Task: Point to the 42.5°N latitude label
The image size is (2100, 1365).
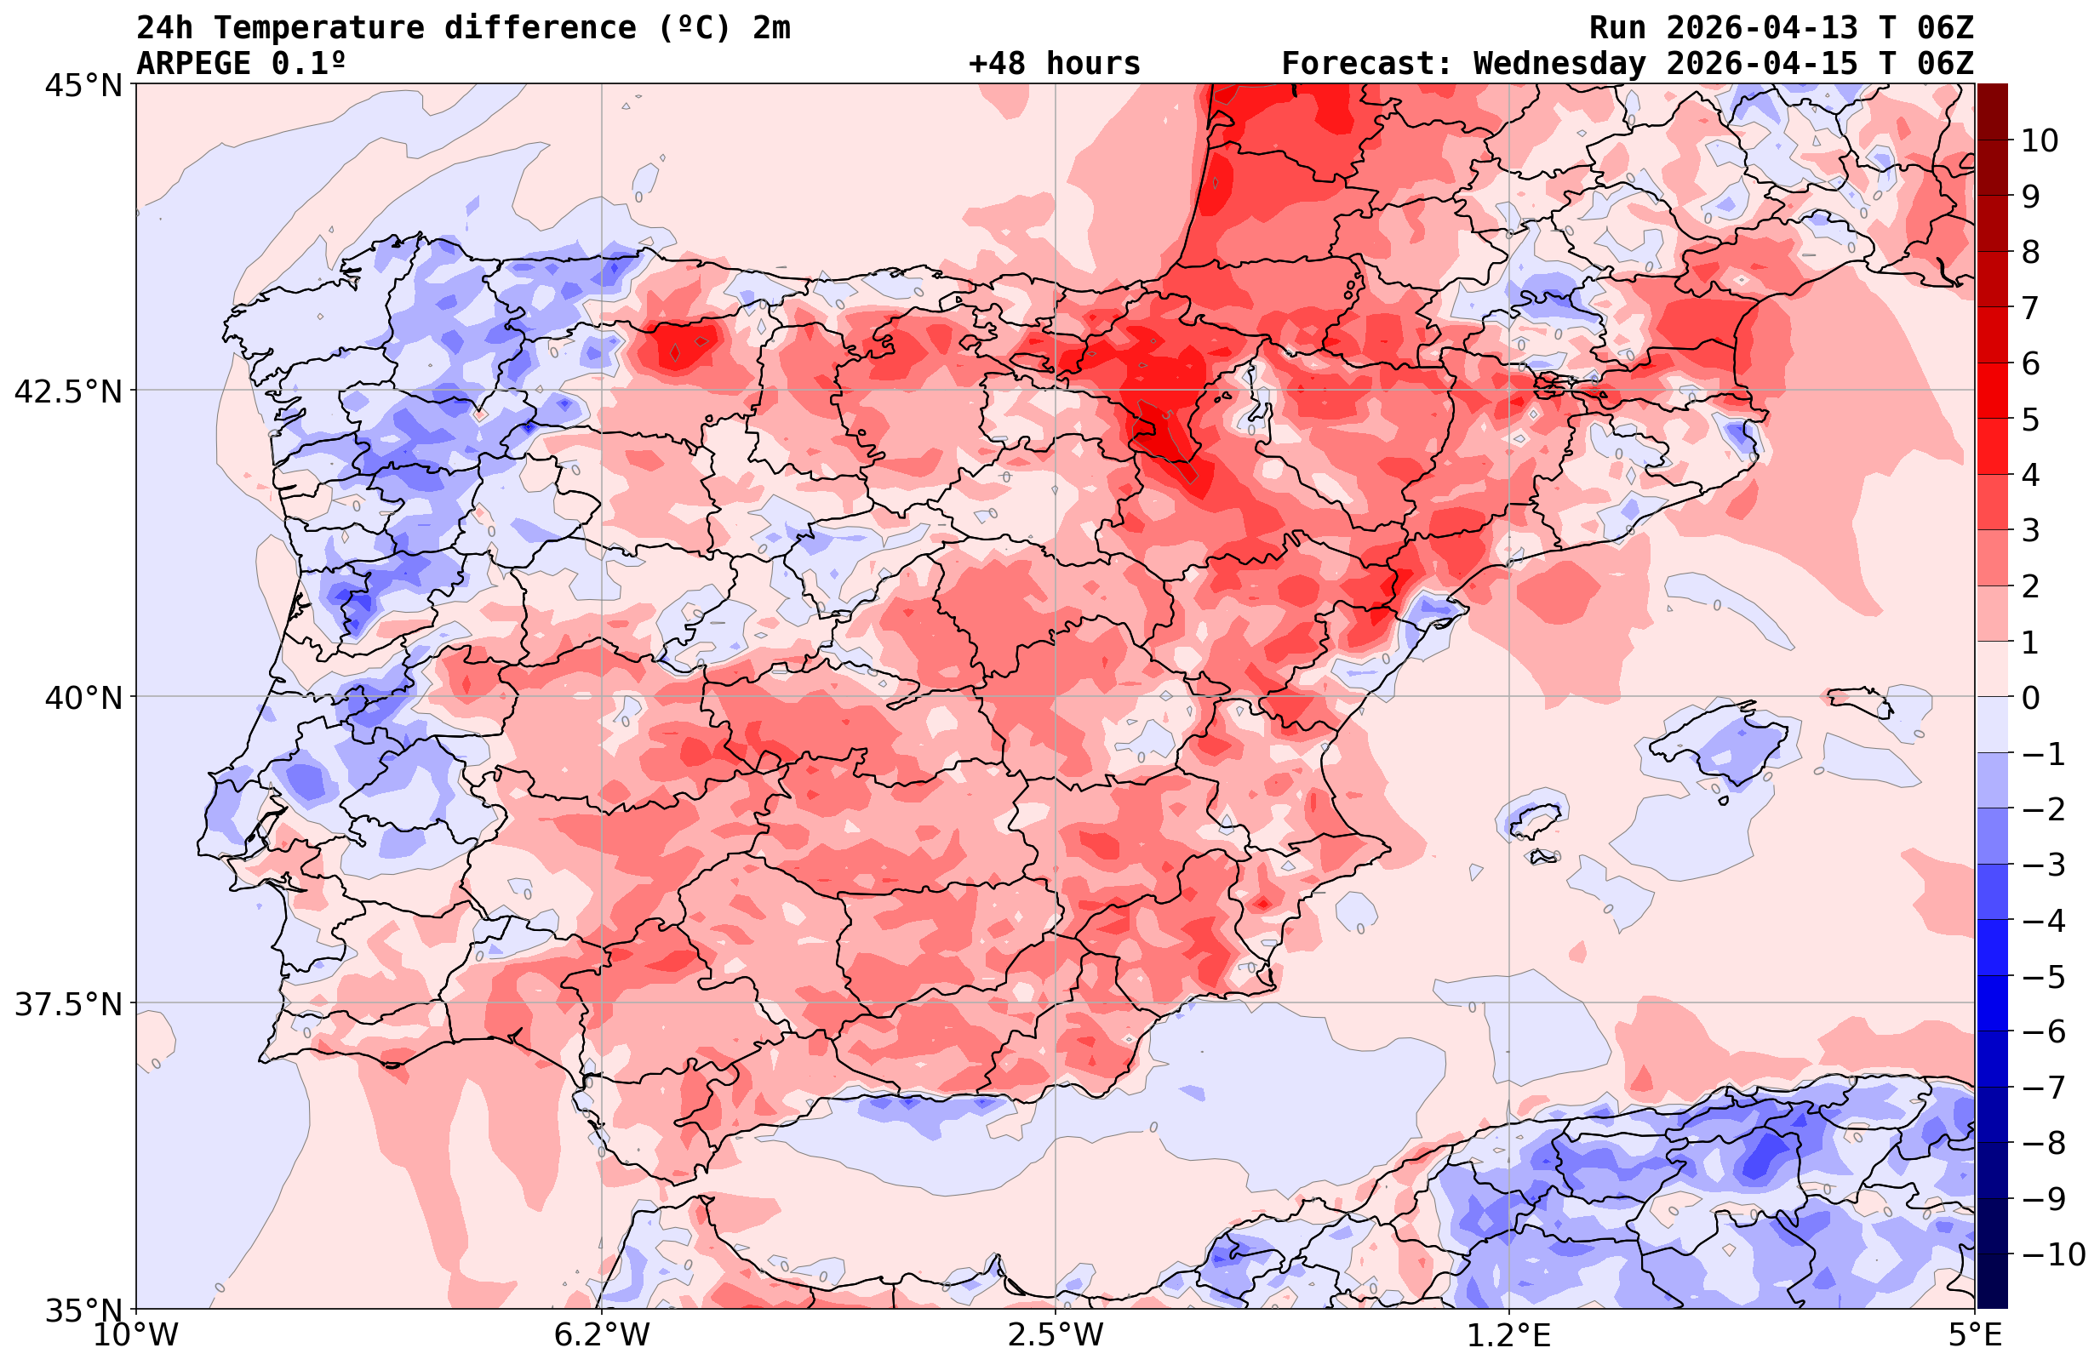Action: (67, 391)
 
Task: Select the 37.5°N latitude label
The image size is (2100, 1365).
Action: (67, 1004)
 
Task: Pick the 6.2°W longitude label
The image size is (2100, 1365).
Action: (601, 1335)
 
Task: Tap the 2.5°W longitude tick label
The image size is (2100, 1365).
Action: (1056, 1335)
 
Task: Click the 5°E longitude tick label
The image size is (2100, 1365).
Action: (1975, 1335)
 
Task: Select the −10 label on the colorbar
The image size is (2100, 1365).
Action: (2052, 1254)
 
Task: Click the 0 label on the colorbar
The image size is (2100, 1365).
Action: (2030, 698)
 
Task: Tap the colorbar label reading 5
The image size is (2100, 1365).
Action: (2030, 420)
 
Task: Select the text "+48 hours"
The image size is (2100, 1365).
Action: (1055, 64)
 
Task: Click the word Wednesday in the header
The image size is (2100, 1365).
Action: (1559, 64)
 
